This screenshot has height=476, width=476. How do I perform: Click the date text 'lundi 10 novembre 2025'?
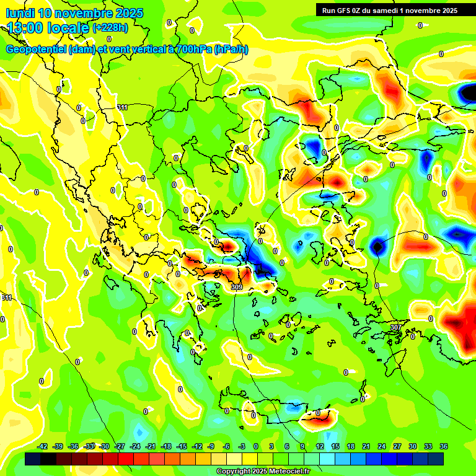coord(74,13)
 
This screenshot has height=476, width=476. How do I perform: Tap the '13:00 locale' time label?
coord(49,27)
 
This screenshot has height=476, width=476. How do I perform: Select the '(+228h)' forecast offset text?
coord(111,27)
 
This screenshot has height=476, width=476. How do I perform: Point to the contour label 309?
coord(236,287)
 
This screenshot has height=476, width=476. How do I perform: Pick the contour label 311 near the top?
coord(123,107)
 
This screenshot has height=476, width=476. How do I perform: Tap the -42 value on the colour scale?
coord(43,446)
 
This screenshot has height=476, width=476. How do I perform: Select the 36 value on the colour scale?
coord(444,446)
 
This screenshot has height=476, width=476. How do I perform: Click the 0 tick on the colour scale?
coord(256,446)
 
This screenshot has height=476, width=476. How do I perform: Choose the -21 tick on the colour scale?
coord(151,446)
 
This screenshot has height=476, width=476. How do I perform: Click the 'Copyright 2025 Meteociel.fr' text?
coord(263,471)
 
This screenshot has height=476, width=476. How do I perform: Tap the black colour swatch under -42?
coord(33,459)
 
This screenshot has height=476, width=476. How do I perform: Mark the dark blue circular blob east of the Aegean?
coord(377,247)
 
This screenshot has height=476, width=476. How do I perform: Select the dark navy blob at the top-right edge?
coord(469,93)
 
